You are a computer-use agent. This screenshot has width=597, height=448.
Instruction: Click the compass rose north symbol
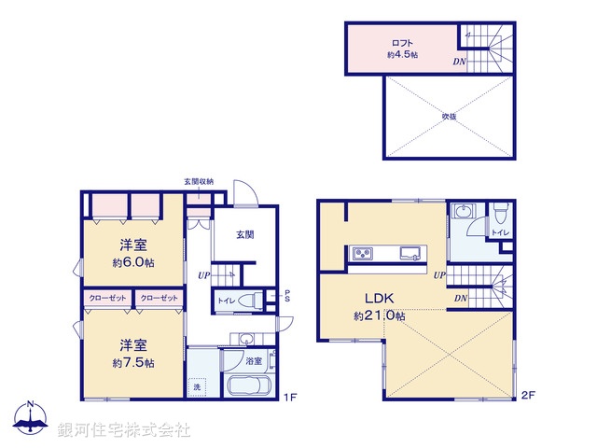coord(31,417)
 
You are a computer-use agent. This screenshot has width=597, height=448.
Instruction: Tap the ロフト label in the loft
coord(402,43)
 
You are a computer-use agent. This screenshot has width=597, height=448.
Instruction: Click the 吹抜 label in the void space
coord(449,116)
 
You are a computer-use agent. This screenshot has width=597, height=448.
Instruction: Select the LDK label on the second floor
coord(380,299)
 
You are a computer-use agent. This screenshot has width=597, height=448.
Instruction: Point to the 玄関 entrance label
coord(244,234)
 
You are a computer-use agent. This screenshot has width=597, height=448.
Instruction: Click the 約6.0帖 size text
coord(133,262)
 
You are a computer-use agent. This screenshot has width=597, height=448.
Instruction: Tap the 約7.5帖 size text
coord(133,363)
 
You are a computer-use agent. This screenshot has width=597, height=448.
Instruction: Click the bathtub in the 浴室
coord(249,385)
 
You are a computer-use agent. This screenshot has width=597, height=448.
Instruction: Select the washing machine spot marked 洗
coord(197,387)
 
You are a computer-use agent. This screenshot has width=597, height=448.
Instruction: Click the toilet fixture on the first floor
coord(250,301)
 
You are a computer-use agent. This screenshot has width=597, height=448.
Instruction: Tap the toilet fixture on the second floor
coord(501,214)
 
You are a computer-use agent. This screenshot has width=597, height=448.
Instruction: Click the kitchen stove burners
coord(363,253)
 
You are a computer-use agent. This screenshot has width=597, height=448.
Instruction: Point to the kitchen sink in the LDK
coord(410,253)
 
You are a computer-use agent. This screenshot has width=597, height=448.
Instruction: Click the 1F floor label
coord(290,398)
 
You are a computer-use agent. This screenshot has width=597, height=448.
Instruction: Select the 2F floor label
coord(528,395)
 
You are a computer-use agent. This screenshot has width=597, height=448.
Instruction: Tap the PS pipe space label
coord(287,296)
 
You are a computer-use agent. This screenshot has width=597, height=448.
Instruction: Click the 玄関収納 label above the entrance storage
coord(199,182)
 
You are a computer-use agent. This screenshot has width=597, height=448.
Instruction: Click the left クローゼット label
coord(108,298)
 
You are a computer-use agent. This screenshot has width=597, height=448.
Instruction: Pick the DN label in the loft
coord(459,62)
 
